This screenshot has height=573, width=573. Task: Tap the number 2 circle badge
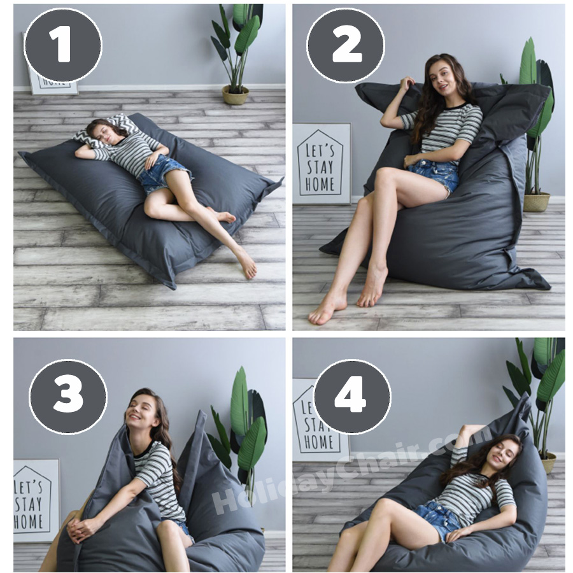[345, 45]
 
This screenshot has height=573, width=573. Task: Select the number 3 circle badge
[67, 397]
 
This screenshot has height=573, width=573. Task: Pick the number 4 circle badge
[351, 397]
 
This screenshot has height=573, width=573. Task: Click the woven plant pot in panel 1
[235, 95]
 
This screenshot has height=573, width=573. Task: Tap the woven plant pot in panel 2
[536, 202]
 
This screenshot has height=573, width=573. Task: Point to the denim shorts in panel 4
[436, 519]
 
